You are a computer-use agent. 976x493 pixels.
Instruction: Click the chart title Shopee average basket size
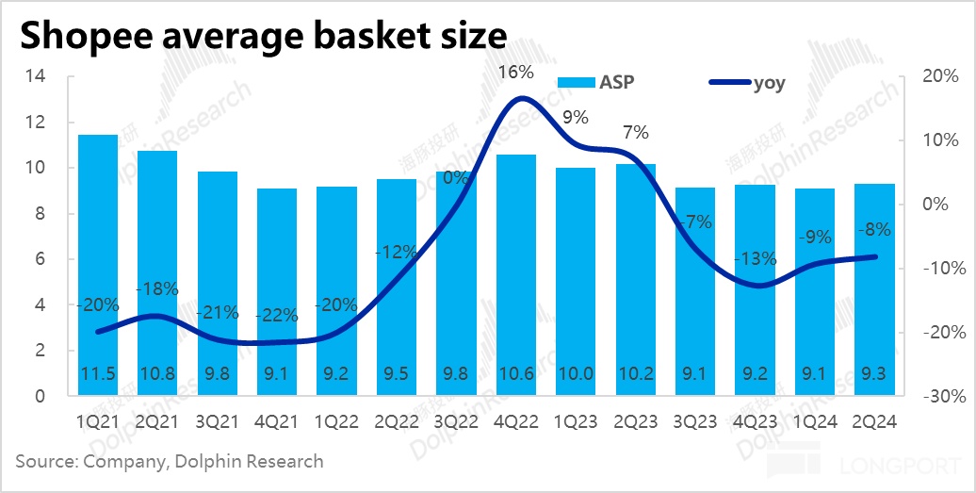click(262, 35)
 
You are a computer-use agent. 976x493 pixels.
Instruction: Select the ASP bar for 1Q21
click(97, 264)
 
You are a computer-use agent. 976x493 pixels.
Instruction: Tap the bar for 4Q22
click(515, 273)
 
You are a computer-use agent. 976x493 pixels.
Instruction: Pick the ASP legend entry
click(595, 83)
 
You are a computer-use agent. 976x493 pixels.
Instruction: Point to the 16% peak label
click(517, 72)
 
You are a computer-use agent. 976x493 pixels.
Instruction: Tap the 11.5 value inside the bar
click(98, 374)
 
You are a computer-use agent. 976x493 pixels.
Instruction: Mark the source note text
click(170, 462)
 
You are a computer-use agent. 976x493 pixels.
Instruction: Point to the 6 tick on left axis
click(40, 259)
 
